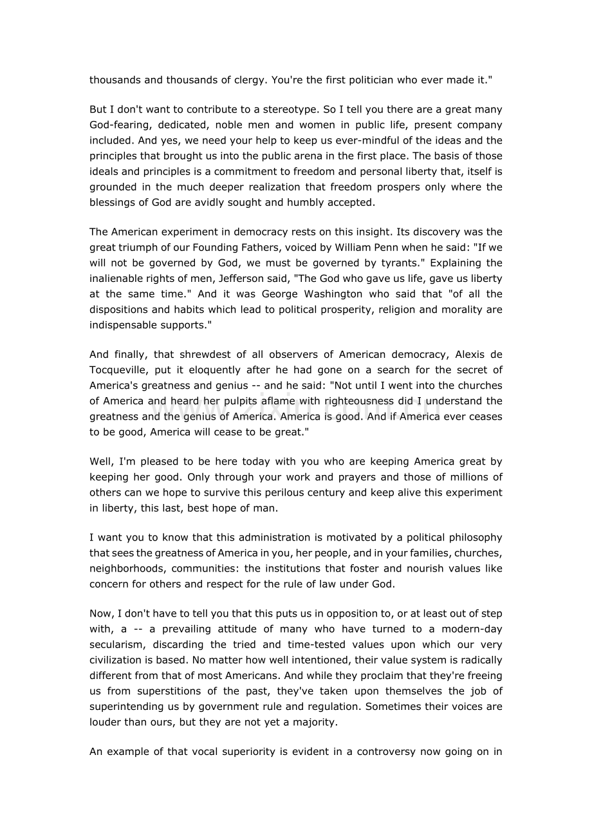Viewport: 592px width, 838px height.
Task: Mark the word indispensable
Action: click(125, 325)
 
